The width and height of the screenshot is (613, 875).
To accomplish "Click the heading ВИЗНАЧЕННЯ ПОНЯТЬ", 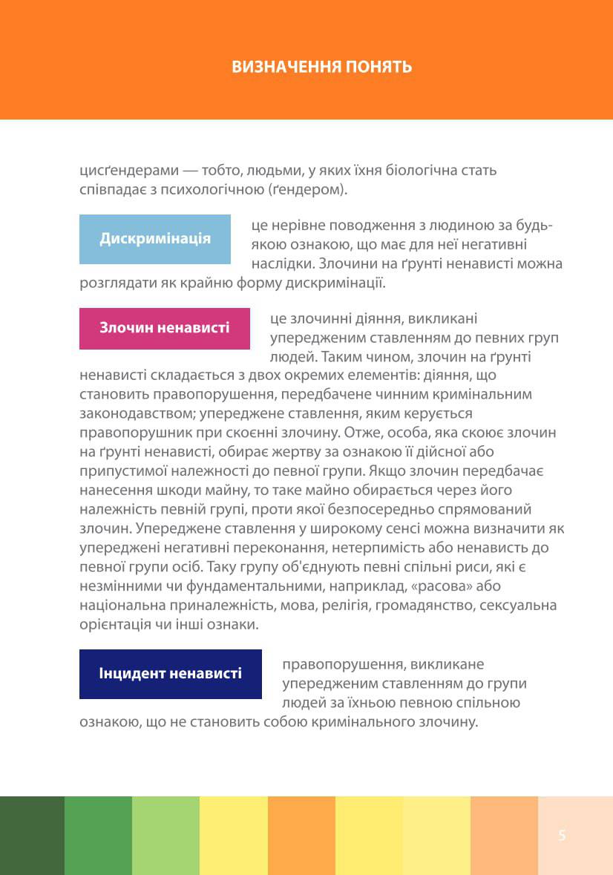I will point(321,67).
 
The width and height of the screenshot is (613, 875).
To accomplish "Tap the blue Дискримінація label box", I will point(155,239).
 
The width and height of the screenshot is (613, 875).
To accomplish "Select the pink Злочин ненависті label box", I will point(165,328).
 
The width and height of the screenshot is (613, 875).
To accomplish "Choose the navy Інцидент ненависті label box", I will point(171,674).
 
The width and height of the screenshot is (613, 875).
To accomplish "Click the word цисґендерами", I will point(124,170).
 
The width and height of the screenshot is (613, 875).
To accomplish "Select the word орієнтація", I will point(114,625).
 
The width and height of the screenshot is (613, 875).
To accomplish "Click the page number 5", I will point(562,836).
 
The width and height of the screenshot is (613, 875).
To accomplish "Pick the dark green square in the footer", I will point(32,836).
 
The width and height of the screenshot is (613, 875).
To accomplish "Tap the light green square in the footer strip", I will point(165,836).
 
